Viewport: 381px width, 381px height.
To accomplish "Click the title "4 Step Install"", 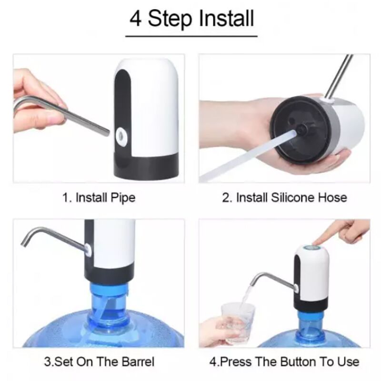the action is [x=192, y=19].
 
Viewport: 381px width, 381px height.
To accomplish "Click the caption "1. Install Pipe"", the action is [x=99, y=198].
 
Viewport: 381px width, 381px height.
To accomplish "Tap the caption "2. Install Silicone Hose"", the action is [x=284, y=197].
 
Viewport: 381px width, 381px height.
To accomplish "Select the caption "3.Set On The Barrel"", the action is [x=99, y=361].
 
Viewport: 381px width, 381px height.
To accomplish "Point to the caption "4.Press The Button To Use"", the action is [x=284, y=361].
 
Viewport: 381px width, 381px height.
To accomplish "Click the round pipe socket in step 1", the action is [x=121, y=134].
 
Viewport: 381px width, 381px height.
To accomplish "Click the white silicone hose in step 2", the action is [x=245, y=156].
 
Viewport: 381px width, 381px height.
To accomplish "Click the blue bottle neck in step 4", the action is [x=310, y=326].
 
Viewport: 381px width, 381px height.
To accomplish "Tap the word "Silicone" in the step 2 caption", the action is [x=290, y=197].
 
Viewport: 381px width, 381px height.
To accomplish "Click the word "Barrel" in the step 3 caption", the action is [x=138, y=361].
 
